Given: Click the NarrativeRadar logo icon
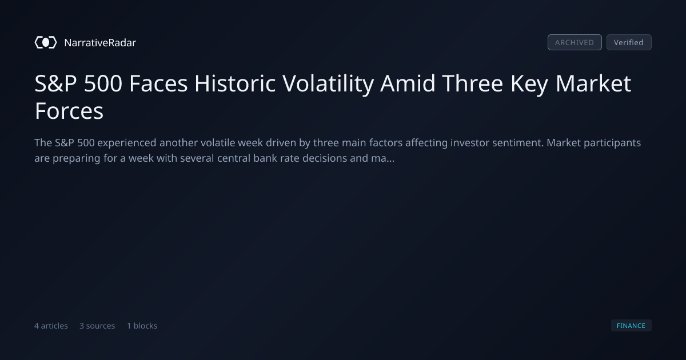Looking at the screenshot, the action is (46, 42).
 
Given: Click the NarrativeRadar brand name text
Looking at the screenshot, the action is (100, 42).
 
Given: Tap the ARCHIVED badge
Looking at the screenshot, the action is (575, 42).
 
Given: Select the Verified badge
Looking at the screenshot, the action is (629, 42).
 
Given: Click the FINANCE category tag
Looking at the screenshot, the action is (631, 325).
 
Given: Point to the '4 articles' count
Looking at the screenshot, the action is (51, 326).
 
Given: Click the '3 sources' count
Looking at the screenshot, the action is (97, 326).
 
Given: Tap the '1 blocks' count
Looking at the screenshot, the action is (142, 326).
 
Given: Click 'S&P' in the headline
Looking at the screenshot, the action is (55, 83).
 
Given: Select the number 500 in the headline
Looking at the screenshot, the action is (103, 83).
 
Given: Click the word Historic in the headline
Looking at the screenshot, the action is (235, 83).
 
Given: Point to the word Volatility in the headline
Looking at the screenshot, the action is (328, 84).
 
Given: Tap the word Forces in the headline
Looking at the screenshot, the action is (69, 111).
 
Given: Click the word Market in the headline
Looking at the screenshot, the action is (593, 83).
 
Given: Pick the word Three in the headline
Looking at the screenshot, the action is (473, 83).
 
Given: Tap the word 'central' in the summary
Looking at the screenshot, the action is (234, 158).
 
